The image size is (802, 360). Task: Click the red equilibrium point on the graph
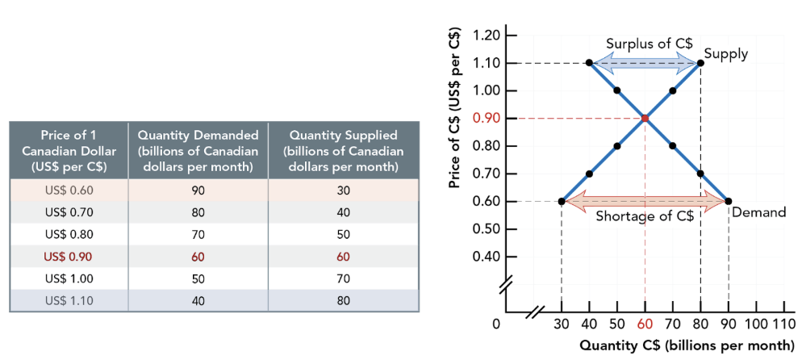(645, 119)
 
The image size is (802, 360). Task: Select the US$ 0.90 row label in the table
(69, 258)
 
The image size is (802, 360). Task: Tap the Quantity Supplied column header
(344, 151)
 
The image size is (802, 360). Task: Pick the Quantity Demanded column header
(198, 151)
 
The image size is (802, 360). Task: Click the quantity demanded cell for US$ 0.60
(198, 190)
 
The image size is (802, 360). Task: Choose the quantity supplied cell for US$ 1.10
(344, 301)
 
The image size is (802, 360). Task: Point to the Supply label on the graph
(725, 54)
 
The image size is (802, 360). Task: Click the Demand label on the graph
(758, 212)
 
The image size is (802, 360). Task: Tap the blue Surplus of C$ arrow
(645, 63)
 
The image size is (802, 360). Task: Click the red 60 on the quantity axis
(645, 324)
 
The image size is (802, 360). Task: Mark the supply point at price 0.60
(562, 202)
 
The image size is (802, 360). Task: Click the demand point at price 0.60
(729, 202)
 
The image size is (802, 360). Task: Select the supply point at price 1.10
(700, 63)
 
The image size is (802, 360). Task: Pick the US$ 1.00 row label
(69, 279)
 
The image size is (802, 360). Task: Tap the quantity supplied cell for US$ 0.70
(344, 213)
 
